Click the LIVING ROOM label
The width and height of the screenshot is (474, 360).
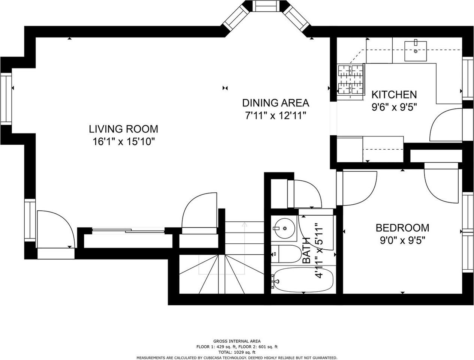pyautogui.click(x=124, y=129)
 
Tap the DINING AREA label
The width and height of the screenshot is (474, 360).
pyautogui.click(x=275, y=103)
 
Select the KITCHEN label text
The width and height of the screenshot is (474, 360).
pyautogui.click(x=394, y=94)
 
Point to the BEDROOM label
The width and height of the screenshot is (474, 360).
pyautogui.click(x=402, y=228)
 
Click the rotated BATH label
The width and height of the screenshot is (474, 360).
pyautogui.click(x=306, y=250)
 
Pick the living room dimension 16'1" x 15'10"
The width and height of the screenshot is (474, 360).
pyautogui.click(x=124, y=142)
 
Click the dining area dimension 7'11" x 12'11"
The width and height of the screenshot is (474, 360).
pyautogui.click(x=275, y=115)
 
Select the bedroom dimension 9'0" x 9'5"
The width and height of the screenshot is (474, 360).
pyautogui.click(x=402, y=240)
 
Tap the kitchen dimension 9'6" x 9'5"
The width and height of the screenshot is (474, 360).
pyautogui.click(x=394, y=107)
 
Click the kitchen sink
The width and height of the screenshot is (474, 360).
pyautogui.click(x=416, y=51)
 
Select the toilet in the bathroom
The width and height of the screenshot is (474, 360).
pyautogui.click(x=286, y=254)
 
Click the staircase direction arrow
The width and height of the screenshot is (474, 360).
pyautogui.click(x=244, y=248)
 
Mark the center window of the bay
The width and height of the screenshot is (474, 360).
pyautogui.click(x=266, y=6)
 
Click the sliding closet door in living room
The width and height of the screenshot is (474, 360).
pyautogui.click(x=128, y=231)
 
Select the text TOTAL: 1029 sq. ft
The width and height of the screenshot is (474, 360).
pyautogui.click(x=237, y=352)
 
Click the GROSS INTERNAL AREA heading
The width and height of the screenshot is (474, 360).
pyautogui.click(x=237, y=341)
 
